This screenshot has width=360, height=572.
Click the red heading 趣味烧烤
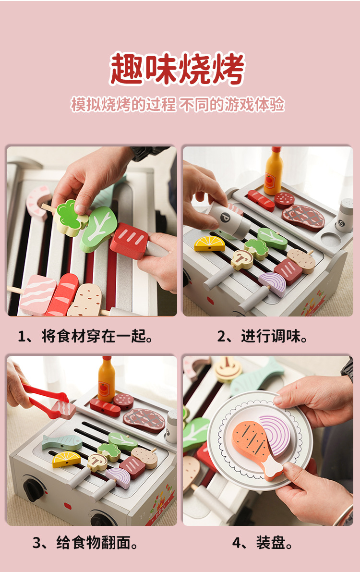pos(177,69)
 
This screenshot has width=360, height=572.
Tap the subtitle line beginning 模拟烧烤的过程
pos(177,104)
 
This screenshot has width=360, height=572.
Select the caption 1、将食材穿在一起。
pos(85,336)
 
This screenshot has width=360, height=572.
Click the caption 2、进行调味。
pos(262,336)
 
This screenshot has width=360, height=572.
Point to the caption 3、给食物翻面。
pos(85,542)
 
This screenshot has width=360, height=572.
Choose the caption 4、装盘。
pos(263,542)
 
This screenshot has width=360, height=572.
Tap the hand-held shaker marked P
pos(228,219)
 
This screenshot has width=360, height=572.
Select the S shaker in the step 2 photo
pos(345,216)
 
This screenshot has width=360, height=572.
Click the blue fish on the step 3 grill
pos(62,442)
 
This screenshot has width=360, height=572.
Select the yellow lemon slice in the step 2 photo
pos(210,244)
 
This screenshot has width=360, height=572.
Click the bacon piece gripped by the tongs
pos(64,409)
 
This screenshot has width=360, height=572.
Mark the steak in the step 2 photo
pos(303,218)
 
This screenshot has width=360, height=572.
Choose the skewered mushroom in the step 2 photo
pos(242,259)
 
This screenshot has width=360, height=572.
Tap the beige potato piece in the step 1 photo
pos(85,300)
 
